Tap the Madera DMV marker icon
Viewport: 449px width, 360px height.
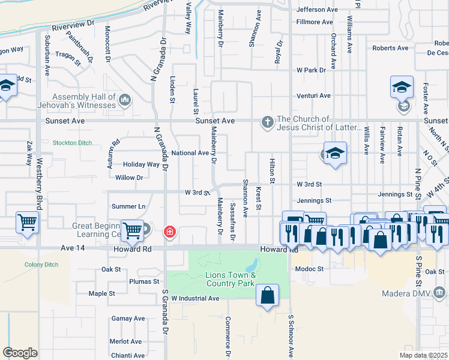coord(441,292)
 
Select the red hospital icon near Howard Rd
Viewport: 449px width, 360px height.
coord(170,231)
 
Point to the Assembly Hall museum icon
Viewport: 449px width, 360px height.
coord(125,99)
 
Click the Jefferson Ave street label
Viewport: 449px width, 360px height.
coord(317,10)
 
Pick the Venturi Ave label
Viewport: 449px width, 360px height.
coord(313,95)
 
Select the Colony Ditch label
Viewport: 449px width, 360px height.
coord(41,265)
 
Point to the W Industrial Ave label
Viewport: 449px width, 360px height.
coord(195,298)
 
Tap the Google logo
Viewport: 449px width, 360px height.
coord(20,353)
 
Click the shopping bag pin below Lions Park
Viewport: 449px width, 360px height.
coord(267,295)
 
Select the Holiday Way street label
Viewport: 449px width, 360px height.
coord(141,164)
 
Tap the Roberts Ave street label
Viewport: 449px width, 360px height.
coord(390,48)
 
